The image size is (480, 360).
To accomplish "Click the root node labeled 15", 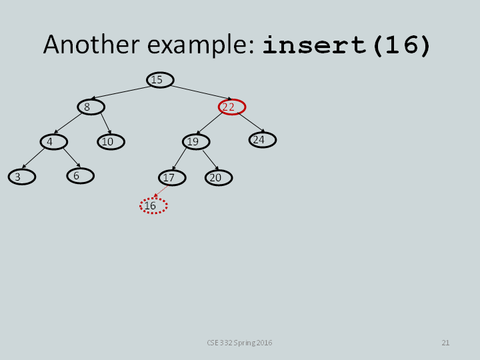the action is tap(160, 80).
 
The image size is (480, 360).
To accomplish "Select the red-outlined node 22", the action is tap(232, 107).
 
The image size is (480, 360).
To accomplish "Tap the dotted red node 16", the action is tap(153, 206).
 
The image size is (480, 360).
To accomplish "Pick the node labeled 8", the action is tap(91, 107).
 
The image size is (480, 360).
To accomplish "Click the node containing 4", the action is tap(54, 142).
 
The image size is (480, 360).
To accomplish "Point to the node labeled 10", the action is tap(111, 142).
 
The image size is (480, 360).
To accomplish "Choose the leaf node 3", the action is tap(22, 177).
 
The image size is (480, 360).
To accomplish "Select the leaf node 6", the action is tap(81, 176).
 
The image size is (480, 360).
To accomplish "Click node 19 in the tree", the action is tap(196, 142).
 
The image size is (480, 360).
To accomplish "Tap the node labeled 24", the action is tap(263, 140).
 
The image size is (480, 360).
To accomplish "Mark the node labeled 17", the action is tap(172, 177).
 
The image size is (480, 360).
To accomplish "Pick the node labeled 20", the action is tap(219, 177).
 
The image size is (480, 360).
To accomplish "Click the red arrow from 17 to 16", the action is tap(161, 191).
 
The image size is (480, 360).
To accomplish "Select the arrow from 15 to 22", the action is tap(201, 93).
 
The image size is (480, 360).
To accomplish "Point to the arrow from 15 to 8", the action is tap(121, 93).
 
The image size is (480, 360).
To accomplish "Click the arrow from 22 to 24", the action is tap(251, 123).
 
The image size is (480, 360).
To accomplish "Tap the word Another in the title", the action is tap(91, 45).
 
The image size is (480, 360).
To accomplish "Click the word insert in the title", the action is tap(315, 45).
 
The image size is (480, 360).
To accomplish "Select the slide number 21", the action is tap(445, 343).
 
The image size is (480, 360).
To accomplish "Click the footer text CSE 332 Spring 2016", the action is tap(239, 343).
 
